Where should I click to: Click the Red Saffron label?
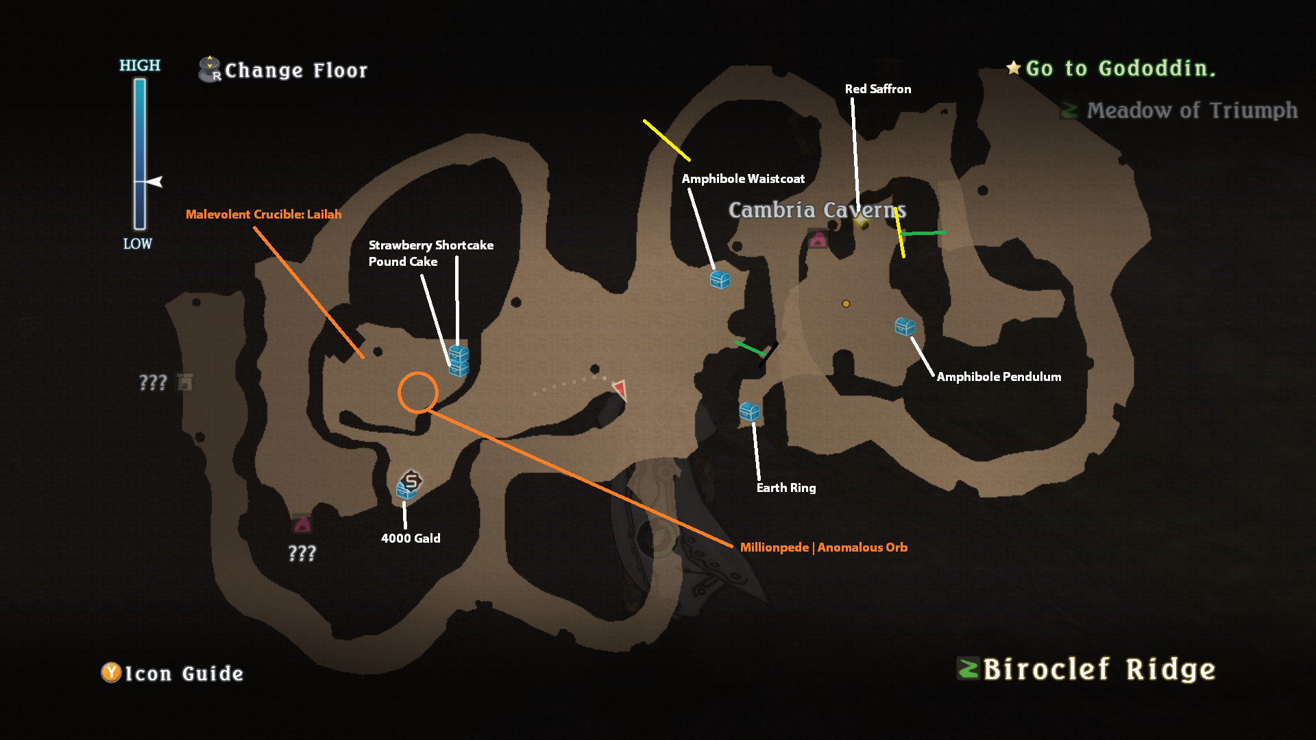click(x=877, y=89)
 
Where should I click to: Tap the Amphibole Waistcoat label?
click(x=743, y=179)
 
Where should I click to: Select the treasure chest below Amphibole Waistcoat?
click(x=720, y=280)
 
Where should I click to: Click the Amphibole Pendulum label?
click(x=999, y=377)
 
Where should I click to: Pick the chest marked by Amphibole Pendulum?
click(x=905, y=327)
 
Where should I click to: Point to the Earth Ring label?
click(x=786, y=488)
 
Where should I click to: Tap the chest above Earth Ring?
click(x=749, y=411)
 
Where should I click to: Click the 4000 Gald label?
click(x=411, y=539)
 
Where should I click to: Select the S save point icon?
click(x=411, y=480)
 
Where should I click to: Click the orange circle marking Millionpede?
click(x=417, y=393)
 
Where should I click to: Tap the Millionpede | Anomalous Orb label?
click(x=823, y=547)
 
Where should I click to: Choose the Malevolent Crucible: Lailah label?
click(x=263, y=214)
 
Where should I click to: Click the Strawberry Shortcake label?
click(x=430, y=245)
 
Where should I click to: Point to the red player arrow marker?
click(x=620, y=389)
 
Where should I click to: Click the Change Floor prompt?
click(x=295, y=71)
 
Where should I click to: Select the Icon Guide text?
click(x=184, y=674)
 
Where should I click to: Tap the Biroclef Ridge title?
click(x=1099, y=669)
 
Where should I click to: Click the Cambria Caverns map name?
click(x=817, y=210)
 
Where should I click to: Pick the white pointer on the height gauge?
click(x=155, y=182)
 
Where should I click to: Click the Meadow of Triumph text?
click(x=1191, y=110)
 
